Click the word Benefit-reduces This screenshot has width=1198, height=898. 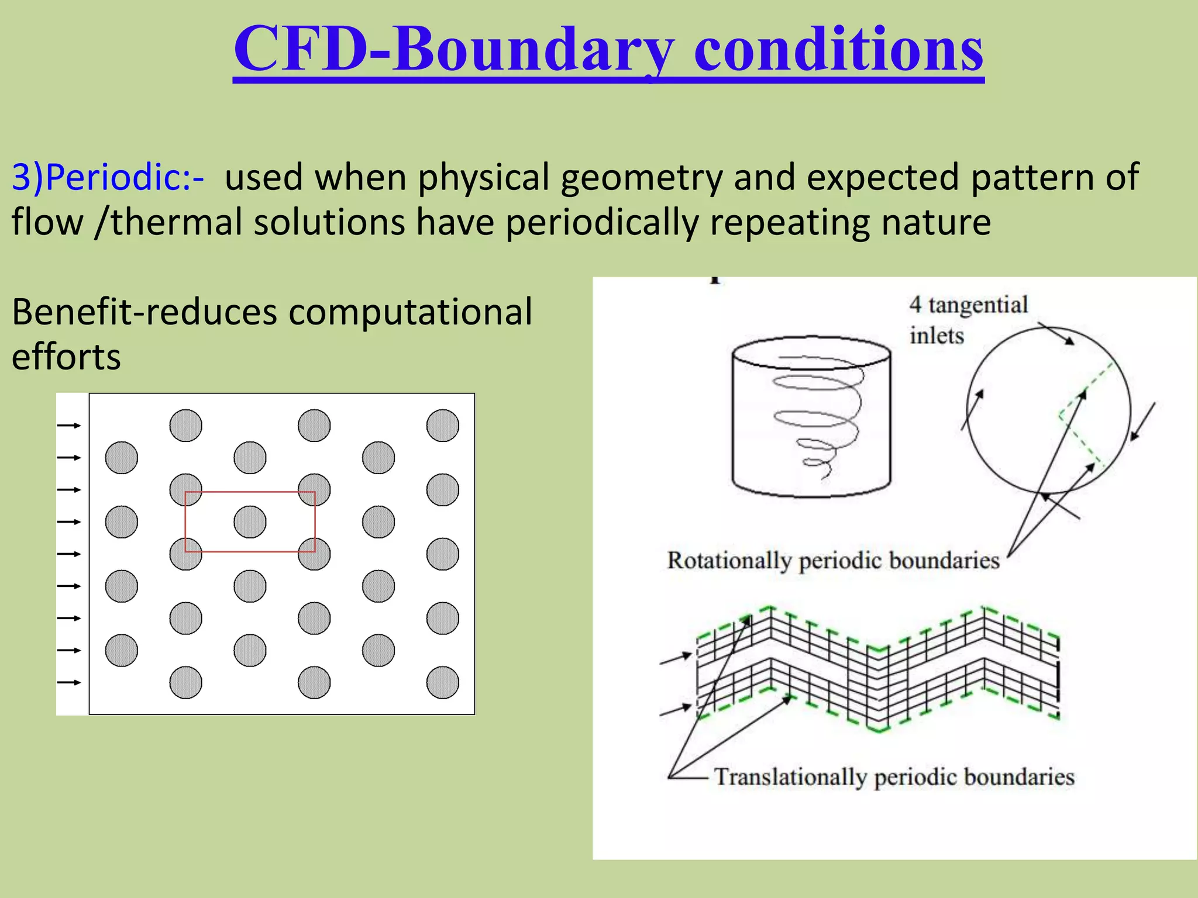pos(144,312)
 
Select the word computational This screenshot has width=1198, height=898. pos(410,312)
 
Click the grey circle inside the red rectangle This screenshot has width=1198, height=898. pos(250,521)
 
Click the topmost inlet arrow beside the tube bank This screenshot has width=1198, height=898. pos(69,426)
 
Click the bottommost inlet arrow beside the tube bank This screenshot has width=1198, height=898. pos(69,682)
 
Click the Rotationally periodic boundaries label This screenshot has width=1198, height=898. pos(833,560)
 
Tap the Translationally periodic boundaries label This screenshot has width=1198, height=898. pos(894,777)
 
